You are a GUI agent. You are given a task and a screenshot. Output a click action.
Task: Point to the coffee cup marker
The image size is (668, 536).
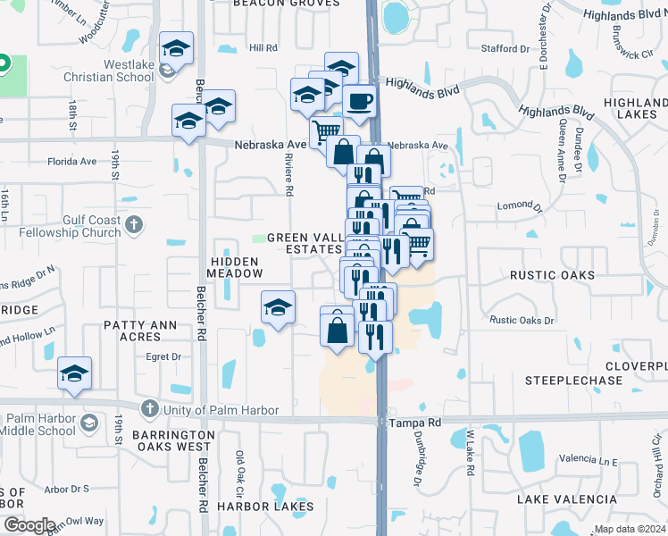point(359,102)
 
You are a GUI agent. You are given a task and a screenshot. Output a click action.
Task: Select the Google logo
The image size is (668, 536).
point(29,524)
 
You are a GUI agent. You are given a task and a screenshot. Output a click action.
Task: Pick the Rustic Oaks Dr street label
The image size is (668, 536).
point(522,320)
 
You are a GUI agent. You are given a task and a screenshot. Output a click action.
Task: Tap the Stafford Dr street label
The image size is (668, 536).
point(511,48)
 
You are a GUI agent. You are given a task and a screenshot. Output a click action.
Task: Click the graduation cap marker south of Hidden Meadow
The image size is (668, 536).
point(279,308)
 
